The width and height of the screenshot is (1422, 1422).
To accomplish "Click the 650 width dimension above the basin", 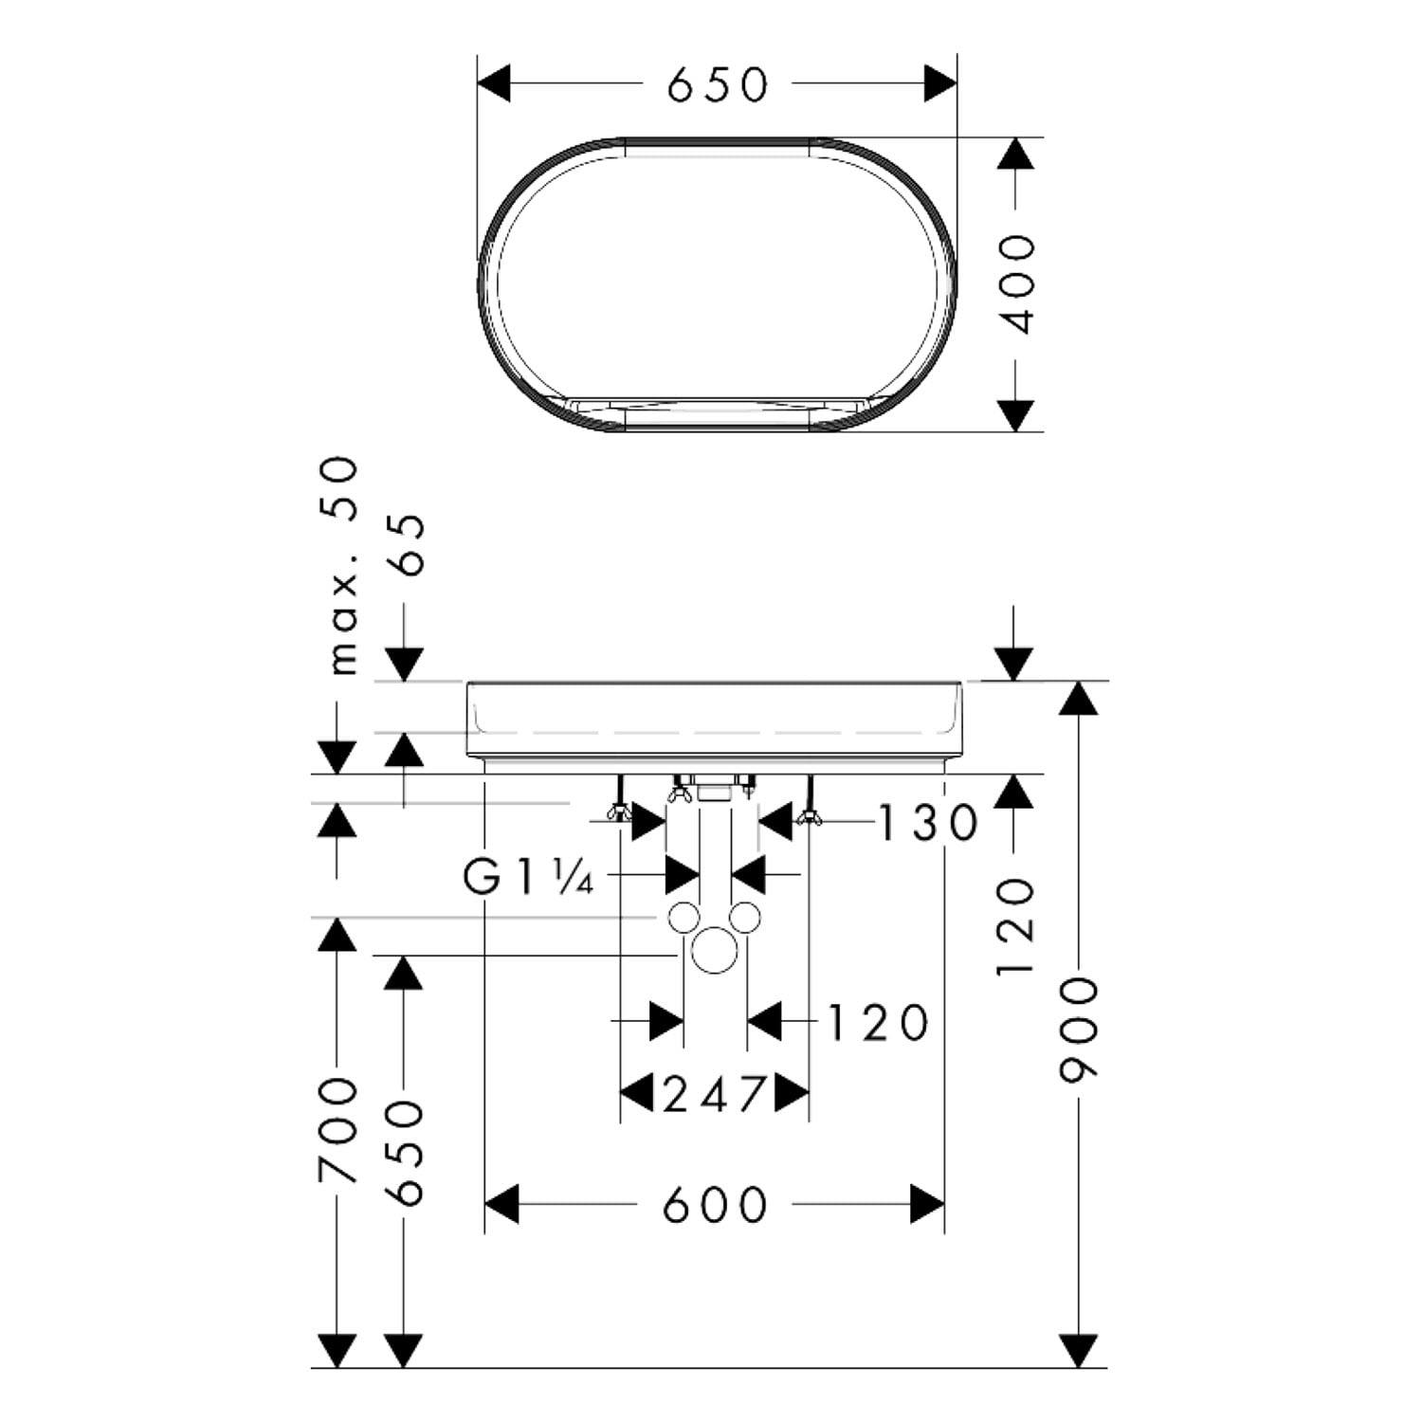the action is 718,84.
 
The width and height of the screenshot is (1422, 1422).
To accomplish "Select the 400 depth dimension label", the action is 1018,283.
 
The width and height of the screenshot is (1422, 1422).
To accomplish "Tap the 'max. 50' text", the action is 342,566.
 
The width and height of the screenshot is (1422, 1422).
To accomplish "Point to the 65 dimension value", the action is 409,545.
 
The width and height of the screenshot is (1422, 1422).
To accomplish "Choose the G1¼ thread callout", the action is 529,879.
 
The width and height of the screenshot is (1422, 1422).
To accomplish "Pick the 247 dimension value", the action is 714,1096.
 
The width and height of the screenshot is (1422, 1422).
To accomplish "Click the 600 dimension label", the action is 715,1205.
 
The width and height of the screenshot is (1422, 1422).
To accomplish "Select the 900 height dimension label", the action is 1078,1030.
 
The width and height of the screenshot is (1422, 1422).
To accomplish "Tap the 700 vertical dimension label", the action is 338,1130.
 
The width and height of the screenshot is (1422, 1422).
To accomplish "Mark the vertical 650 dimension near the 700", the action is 407,1153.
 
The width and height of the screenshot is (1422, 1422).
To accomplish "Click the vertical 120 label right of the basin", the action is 1014,927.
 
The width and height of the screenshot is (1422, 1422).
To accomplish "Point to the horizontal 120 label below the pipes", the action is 878,1023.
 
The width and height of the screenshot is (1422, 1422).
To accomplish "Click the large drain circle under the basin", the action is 714,951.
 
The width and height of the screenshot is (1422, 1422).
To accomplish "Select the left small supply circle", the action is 684,918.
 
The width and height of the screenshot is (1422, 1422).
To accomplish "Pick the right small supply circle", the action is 745,918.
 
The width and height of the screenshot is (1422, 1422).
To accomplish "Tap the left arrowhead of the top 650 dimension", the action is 494,83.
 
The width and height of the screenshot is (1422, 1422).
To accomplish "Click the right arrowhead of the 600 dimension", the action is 927,1204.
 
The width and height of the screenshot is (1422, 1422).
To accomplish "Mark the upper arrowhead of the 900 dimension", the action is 1078,698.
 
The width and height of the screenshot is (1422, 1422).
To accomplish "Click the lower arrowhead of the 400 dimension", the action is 1015,415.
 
